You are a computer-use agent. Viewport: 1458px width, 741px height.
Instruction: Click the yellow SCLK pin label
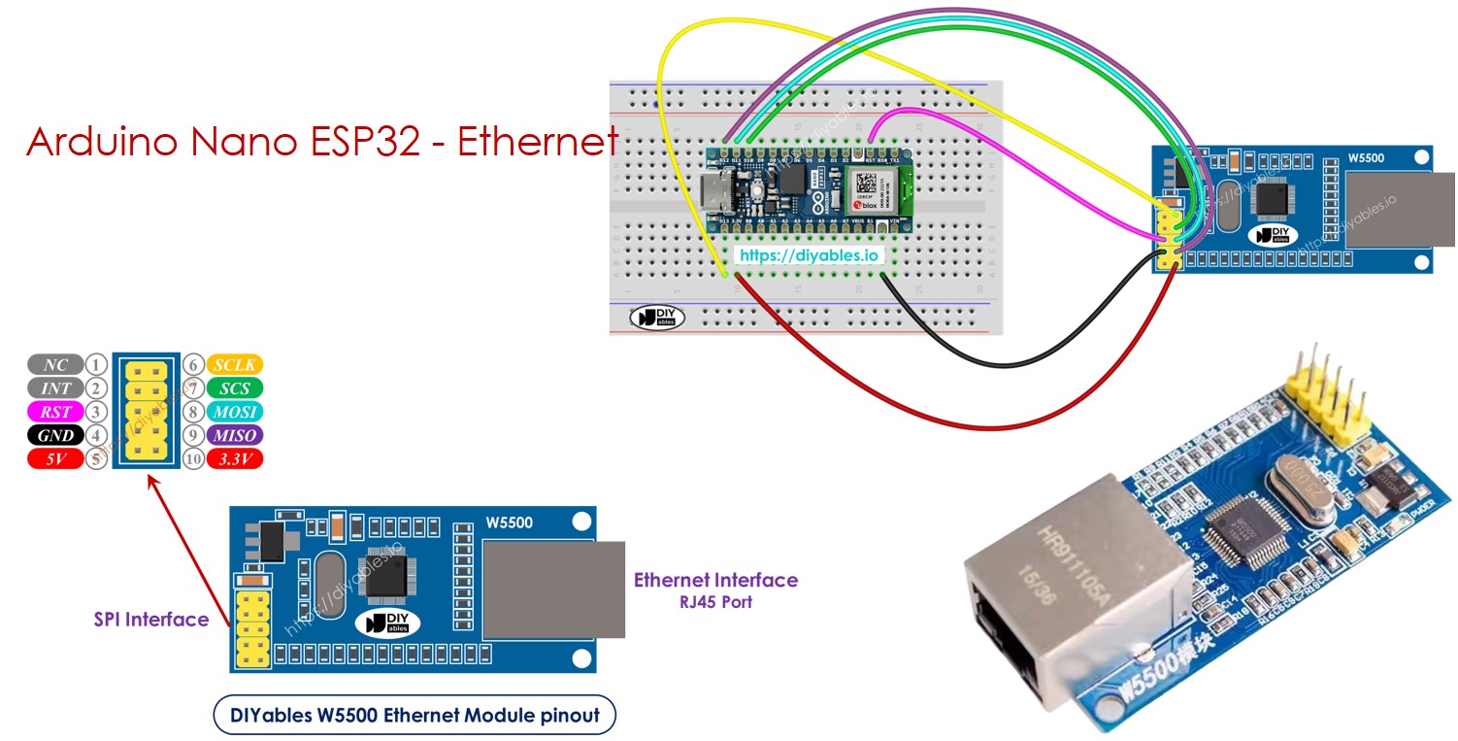tap(234, 365)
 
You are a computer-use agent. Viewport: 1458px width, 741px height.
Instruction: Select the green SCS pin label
tap(234, 388)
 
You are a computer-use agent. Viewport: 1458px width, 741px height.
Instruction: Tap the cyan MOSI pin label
tap(234, 412)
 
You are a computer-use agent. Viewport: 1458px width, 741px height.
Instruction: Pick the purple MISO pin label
tap(234, 436)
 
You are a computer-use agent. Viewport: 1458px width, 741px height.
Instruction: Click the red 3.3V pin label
tap(234, 459)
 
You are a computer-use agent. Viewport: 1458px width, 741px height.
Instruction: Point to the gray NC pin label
tap(55, 365)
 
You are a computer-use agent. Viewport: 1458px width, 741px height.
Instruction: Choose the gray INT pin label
tap(55, 388)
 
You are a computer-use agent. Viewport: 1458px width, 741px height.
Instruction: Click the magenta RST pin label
tap(55, 412)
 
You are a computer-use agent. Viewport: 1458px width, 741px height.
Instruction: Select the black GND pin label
tap(55, 436)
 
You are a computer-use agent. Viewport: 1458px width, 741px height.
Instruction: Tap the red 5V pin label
tap(55, 459)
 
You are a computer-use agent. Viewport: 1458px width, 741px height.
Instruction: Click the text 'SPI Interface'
tap(150, 620)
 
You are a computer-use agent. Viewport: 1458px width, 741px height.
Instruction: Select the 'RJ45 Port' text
tap(715, 602)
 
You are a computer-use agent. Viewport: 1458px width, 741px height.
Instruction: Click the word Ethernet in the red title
tap(537, 142)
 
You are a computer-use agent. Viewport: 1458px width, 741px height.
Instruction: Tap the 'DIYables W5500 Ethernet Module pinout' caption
tap(414, 717)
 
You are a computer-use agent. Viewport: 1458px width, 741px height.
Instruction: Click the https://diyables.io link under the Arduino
tap(809, 255)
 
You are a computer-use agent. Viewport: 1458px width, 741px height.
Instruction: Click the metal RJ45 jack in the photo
tap(1063, 573)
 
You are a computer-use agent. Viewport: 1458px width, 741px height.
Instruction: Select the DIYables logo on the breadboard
tap(657, 317)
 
